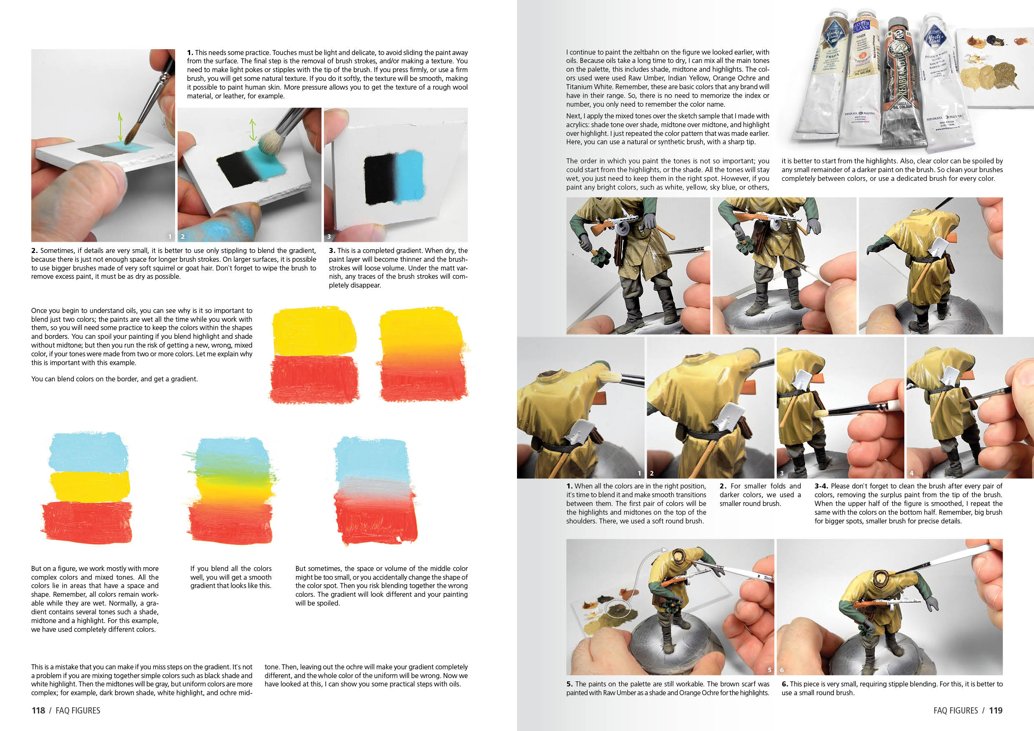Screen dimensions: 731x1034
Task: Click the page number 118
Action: (38, 710)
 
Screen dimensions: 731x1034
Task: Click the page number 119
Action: (995, 710)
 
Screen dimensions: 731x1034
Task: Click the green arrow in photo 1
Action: (120, 127)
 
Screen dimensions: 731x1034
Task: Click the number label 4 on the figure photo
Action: (911, 473)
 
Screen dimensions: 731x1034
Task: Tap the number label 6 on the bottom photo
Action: (782, 670)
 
